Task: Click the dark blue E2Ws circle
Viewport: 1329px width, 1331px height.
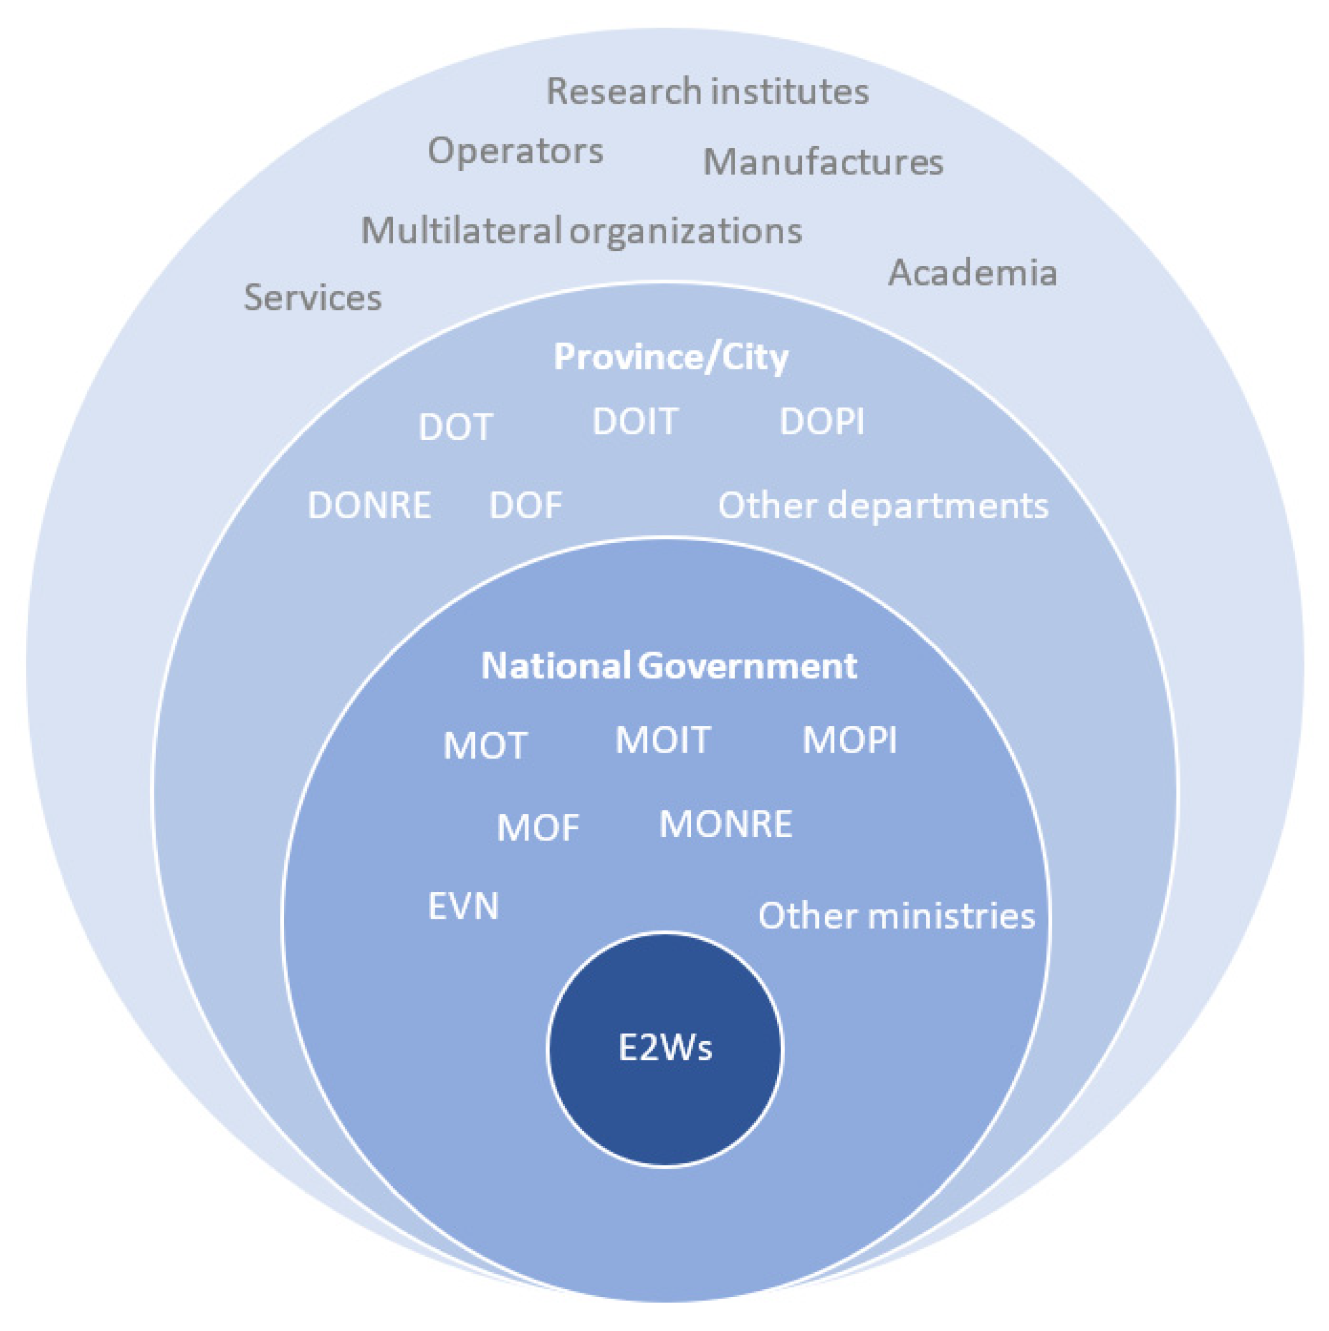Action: pos(665,1048)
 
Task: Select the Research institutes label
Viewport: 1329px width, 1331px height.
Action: pos(708,92)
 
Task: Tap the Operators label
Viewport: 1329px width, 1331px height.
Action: pos(515,151)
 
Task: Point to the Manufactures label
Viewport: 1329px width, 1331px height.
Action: pos(822,163)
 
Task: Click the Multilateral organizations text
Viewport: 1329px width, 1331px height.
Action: pos(581,231)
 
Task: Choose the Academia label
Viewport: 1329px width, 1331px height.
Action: pos(972,273)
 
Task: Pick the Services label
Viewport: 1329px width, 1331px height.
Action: pos(313,297)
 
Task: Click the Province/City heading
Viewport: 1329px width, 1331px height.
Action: pos(671,357)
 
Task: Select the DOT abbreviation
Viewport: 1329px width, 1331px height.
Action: pos(455,427)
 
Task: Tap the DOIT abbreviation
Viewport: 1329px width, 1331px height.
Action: pos(635,422)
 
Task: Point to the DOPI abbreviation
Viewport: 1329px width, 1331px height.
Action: pos(822,422)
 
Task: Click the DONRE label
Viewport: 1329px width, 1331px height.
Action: pos(369,506)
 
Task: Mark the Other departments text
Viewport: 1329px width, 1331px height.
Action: pos(883,506)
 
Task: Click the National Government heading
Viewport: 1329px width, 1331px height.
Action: pos(669,665)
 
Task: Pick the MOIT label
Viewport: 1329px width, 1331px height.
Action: pos(663,740)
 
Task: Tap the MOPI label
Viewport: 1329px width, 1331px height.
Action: pos(849,740)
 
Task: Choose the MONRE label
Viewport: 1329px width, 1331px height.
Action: pos(726,824)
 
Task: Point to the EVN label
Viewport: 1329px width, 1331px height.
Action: pos(463,906)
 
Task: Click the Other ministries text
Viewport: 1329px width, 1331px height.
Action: pos(897,916)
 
